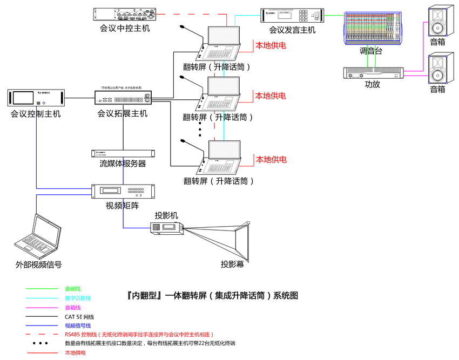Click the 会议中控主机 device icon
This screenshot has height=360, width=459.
pos(125,15)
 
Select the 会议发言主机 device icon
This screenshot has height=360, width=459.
pos(292,16)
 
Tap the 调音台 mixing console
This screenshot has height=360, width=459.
pos(373,29)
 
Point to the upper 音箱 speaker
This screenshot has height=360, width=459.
pos(441,21)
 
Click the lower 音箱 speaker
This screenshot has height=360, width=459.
pos(441,69)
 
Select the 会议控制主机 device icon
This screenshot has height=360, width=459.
pos(36,98)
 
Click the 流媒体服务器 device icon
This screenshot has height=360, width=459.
pos(123,153)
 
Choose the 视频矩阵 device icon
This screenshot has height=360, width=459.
pos(123,192)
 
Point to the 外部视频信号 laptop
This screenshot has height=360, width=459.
pos(37,235)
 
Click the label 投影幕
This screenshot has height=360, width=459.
pos(232,264)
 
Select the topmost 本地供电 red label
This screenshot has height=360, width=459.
pos(271,45)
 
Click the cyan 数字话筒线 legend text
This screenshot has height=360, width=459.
pos(78,298)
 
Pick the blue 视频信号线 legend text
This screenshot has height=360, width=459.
pos(78,325)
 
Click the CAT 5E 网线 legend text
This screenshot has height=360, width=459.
pos(79,317)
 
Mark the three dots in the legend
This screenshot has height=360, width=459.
pos(40,343)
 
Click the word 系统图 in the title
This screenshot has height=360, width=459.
pos(286,295)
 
